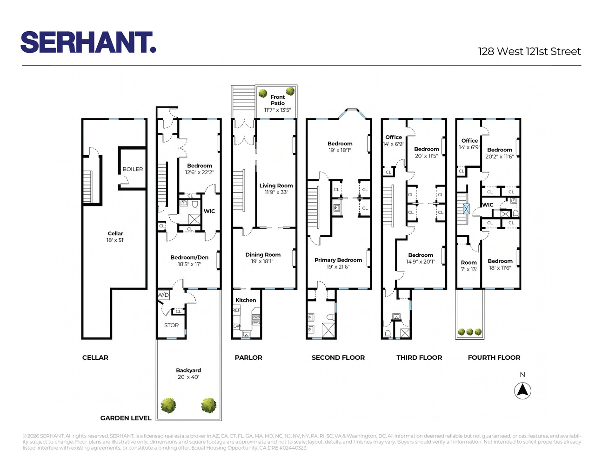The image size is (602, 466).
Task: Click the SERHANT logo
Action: (x=88, y=42)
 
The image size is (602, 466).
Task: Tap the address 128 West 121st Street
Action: (x=529, y=52)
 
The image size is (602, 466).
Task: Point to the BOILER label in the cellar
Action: (x=133, y=169)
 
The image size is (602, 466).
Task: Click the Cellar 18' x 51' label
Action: (x=115, y=237)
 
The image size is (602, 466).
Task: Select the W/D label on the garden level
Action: (x=163, y=295)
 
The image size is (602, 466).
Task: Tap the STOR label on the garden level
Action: (x=172, y=325)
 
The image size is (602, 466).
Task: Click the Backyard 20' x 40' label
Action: (x=188, y=373)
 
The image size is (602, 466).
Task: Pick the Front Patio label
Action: (x=278, y=100)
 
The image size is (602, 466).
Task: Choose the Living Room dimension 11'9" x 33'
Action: (x=276, y=192)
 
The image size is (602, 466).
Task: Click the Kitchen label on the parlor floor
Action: (x=246, y=300)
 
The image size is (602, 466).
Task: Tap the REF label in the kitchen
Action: (x=236, y=310)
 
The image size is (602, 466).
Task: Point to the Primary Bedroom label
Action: (x=338, y=260)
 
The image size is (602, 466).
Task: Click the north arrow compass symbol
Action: (x=522, y=391)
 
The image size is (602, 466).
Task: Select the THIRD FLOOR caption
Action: (x=419, y=357)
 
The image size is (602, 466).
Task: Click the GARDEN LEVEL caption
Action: (x=126, y=418)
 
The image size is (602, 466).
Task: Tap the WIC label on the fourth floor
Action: (x=488, y=205)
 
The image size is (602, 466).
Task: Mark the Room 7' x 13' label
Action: (x=469, y=266)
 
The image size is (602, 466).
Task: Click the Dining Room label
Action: (x=263, y=254)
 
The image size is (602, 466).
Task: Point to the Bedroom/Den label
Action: (x=189, y=257)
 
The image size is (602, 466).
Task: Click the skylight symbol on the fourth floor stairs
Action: (x=466, y=209)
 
